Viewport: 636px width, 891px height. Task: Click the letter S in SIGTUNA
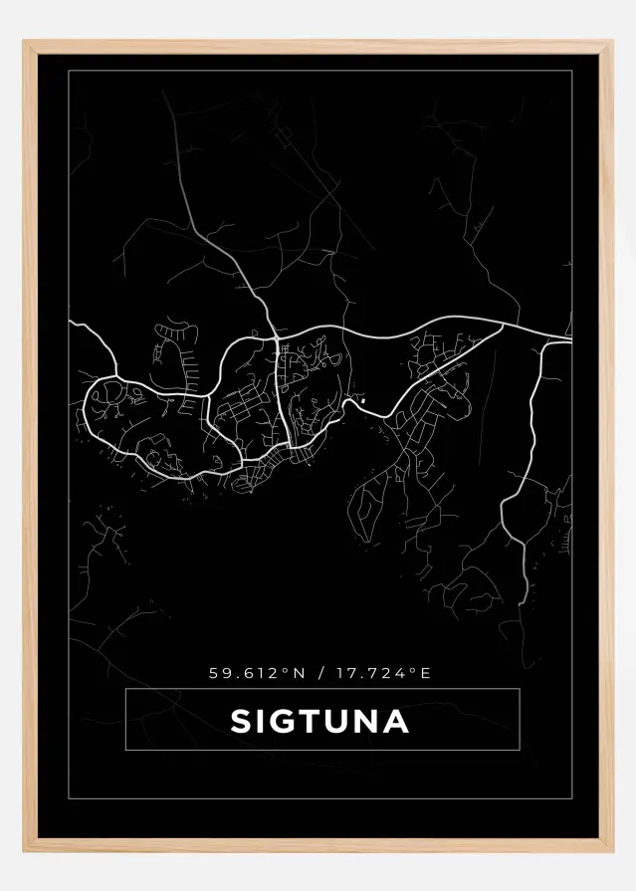[x=241, y=721]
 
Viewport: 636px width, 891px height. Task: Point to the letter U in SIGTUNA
[x=339, y=721]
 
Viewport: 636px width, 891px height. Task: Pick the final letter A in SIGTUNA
[x=397, y=721]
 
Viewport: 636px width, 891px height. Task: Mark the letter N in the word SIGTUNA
[x=368, y=721]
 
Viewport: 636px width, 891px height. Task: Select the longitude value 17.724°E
[x=382, y=673]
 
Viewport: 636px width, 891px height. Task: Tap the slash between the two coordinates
[x=319, y=673]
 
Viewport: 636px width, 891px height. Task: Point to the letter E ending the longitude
[x=426, y=673]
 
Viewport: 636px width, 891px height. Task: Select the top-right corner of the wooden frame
[x=610, y=43]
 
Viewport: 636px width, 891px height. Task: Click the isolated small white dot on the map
[x=363, y=400]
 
